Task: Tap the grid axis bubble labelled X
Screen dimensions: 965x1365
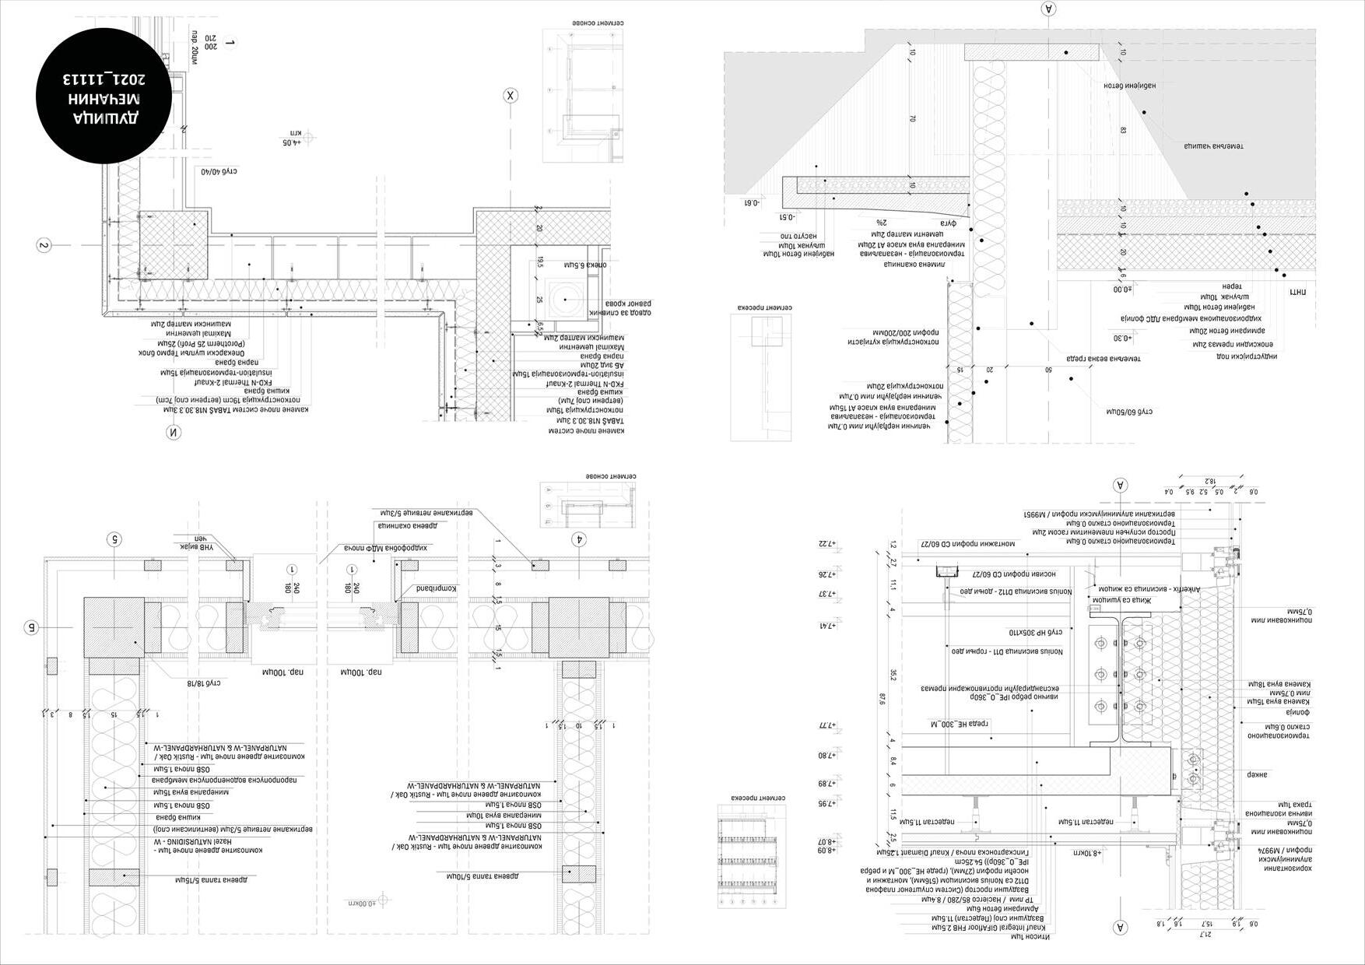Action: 511,96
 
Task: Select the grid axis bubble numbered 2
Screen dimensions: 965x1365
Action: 44,245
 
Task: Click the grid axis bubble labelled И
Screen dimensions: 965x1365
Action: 173,433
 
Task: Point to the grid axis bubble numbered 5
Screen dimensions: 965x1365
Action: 114,539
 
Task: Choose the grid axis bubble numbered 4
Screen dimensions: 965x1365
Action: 578,539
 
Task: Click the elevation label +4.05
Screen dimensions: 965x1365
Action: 290,142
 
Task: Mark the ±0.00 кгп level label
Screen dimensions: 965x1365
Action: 362,903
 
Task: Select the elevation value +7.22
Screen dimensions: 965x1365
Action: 826,544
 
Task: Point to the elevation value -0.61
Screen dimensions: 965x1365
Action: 749,202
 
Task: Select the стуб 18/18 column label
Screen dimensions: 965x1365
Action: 204,683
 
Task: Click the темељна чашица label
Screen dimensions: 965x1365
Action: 1214,146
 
